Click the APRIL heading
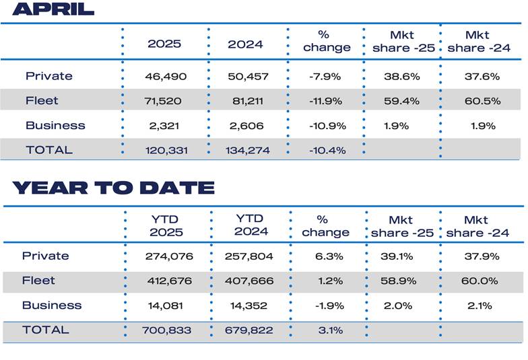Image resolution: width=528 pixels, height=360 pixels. click(x=53, y=9)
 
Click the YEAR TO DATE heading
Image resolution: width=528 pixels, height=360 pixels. click(x=113, y=187)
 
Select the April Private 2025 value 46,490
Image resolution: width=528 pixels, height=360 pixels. click(x=163, y=77)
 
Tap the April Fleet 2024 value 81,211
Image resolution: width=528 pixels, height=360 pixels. click(x=249, y=101)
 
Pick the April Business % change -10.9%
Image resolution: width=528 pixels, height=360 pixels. click(x=326, y=126)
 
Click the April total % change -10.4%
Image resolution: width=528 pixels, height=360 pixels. click(x=326, y=150)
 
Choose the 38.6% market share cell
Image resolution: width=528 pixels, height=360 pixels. click(x=401, y=77)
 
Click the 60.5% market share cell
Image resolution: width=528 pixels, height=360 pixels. click(x=482, y=101)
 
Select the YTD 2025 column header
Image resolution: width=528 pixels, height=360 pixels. click(x=165, y=225)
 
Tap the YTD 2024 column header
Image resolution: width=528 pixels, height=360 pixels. click(x=251, y=225)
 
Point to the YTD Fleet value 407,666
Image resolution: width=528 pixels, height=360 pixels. click(x=251, y=281)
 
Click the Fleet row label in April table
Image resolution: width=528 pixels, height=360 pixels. click(x=42, y=101)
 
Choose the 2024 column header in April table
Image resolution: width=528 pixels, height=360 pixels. click(x=245, y=44)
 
